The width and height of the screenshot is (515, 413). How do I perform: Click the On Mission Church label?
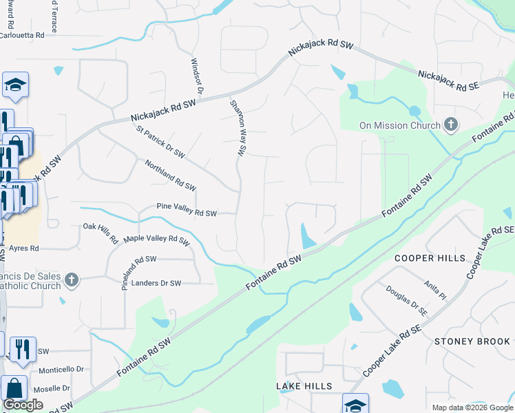coord(399,125)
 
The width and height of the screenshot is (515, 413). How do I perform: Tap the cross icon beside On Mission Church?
coord(451,125)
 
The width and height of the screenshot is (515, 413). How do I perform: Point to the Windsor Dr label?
coord(197,76)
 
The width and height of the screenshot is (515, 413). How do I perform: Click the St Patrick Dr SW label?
coord(160,141)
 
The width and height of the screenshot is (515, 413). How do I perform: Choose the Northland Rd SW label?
coord(170,176)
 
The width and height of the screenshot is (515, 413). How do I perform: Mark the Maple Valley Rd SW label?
coord(156,240)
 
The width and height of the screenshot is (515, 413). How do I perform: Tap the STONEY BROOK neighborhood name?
coord(472,341)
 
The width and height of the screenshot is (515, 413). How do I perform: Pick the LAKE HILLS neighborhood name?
coord(304,386)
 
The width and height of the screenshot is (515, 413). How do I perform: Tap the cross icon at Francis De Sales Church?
coord(71,279)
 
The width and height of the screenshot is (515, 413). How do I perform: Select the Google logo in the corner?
coord(23,405)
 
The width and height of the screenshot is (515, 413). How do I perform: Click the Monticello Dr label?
coord(61,370)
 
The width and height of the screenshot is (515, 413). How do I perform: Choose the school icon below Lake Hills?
coord(355,404)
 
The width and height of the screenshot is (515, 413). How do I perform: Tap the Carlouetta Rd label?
coord(22,34)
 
